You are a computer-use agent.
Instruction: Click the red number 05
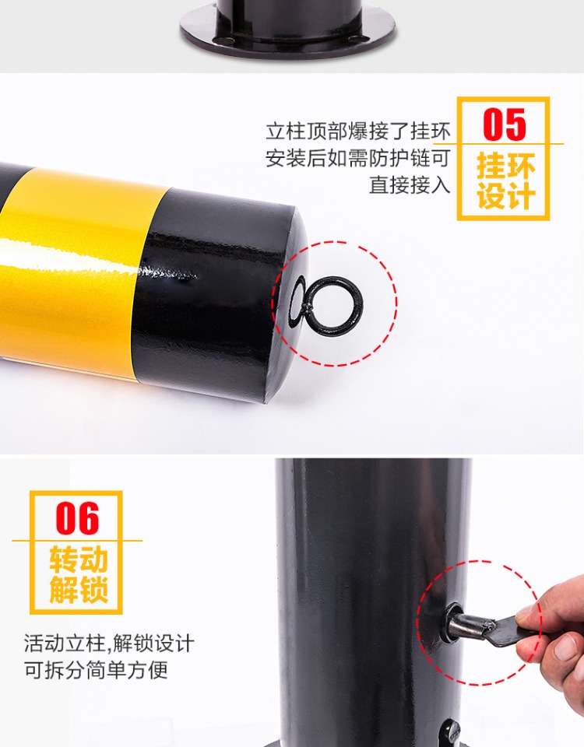tap(504, 124)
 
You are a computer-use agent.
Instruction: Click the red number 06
tap(77, 518)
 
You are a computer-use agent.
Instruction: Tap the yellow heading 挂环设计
tap(506, 181)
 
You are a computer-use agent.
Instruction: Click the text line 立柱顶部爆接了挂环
tap(358, 132)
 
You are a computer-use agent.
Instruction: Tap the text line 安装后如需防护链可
tap(358, 158)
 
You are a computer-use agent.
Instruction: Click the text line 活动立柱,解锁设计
tap(109, 644)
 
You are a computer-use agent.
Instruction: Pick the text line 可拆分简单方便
tap(96, 670)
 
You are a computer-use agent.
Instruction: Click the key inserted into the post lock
tap(491, 628)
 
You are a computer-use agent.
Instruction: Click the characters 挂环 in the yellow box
tap(506, 166)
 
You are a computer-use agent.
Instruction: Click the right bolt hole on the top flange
tap(354, 39)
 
